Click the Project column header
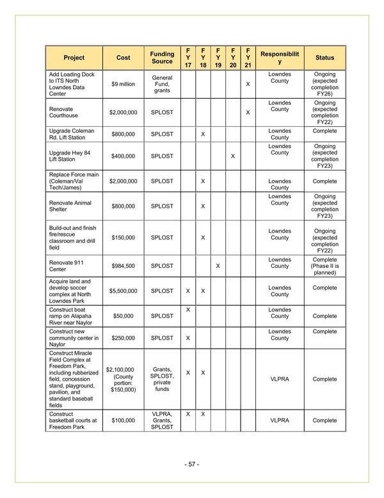[74, 58]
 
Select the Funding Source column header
[162, 58]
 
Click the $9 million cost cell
[123, 84]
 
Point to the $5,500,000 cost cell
[123, 291]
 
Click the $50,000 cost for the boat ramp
[123, 316]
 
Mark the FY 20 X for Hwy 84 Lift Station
[233, 156]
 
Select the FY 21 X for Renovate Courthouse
[248, 113]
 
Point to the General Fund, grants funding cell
[162, 84]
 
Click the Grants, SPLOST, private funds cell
[162, 379]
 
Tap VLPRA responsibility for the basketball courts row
[280, 420]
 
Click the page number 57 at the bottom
[192, 463]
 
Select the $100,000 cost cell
[123, 420]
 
